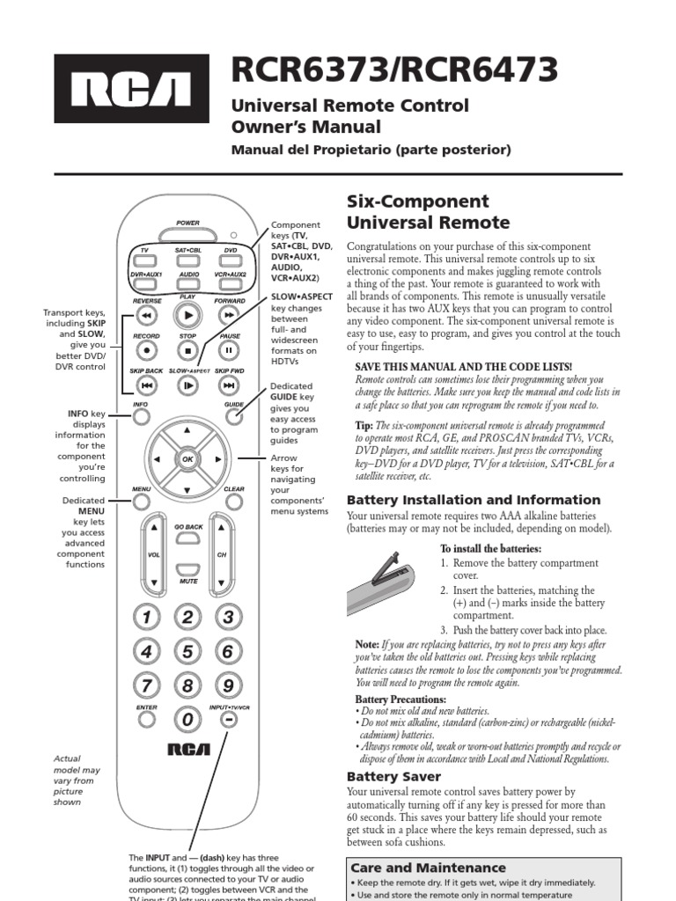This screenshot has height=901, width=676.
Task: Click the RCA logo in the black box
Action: coord(131,88)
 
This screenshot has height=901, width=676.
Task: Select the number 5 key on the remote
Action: coord(187,652)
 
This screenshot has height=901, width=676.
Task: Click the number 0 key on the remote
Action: coord(187,720)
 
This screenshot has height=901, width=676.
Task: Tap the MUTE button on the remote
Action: coord(187,570)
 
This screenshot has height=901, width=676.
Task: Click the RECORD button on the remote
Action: coord(147,349)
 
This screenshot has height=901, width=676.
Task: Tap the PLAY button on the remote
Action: coord(187,314)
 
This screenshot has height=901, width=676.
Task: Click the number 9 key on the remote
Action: coord(228,685)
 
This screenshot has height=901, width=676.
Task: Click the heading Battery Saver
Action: coord(393,777)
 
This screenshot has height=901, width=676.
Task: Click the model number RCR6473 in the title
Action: coord(477,69)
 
